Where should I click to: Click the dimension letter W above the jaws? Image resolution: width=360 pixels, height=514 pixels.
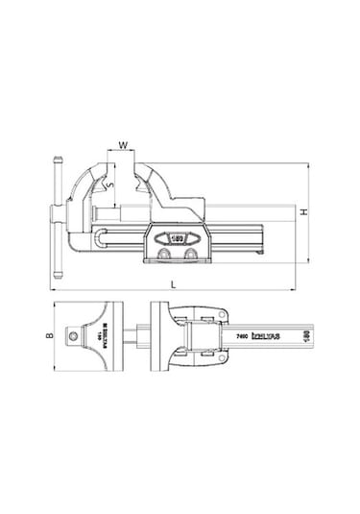122,146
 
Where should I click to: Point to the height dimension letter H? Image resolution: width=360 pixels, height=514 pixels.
303,210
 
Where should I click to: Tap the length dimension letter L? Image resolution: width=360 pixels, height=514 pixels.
173,285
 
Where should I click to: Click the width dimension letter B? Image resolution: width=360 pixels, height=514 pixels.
49,337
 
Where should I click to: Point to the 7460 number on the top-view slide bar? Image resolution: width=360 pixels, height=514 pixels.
242,338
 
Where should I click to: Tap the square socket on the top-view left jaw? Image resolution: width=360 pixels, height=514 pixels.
72,336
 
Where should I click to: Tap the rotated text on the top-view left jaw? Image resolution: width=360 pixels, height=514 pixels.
97,336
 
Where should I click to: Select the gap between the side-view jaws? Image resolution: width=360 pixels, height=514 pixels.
122,183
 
